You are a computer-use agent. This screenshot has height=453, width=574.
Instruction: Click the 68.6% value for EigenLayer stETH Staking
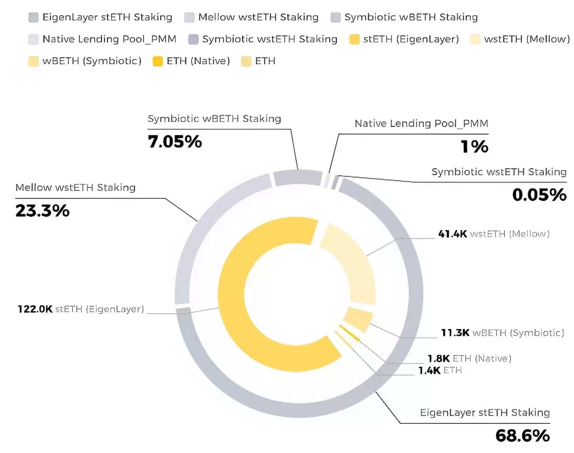point(522,436)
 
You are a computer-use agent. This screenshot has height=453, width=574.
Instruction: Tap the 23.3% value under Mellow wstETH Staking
point(42,211)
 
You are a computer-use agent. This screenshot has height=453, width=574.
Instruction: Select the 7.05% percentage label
point(175,142)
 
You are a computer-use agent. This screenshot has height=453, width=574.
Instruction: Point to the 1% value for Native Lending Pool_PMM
point(475,146)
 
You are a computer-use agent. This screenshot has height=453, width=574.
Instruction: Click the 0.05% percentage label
point(539,195)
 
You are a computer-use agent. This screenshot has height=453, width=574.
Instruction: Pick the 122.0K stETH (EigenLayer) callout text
point(81,309)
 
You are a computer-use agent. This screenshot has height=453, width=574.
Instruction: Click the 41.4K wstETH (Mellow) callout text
point(494,234)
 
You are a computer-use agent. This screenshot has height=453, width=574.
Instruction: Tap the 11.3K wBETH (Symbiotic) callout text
point(502,333)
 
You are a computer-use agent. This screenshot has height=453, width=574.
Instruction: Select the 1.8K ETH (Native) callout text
point(469,358)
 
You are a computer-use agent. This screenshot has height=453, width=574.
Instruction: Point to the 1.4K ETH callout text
point(440,370)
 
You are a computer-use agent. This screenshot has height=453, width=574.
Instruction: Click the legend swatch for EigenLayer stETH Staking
point(34,18)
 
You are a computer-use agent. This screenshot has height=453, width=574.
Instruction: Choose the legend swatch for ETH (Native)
point(158,61)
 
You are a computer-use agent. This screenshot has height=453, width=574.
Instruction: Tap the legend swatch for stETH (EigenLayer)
point(354,39)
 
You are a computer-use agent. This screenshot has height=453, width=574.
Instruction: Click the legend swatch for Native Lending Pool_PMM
point(34,39)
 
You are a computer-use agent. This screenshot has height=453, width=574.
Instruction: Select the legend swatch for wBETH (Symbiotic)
point(34,61)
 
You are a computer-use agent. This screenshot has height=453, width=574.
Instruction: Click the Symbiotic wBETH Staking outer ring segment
point(298,178)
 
